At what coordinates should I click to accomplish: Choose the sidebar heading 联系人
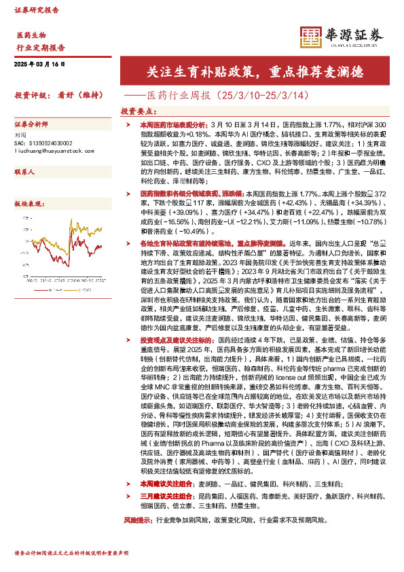24,173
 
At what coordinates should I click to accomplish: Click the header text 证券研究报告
37,11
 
